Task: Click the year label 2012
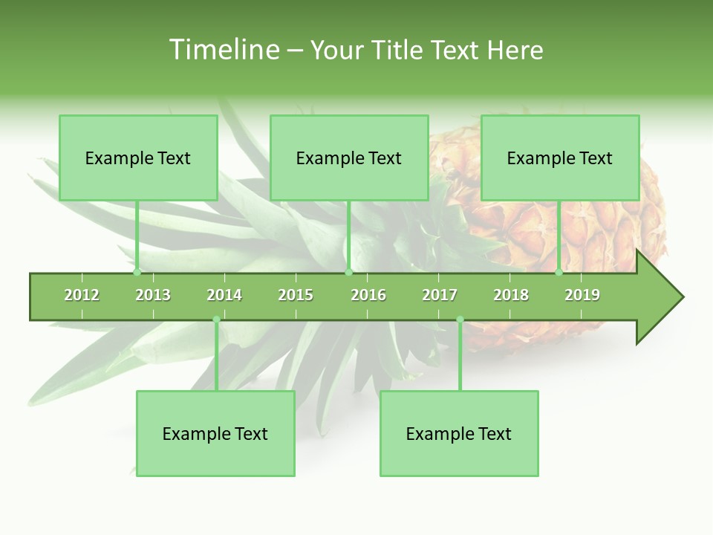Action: point(82,295)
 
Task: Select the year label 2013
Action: point(153,295)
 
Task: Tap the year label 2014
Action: point(224,295)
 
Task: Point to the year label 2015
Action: point(296,295)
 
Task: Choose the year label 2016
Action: point(368,295)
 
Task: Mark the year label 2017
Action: point(440,295)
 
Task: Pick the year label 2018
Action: point(511,295)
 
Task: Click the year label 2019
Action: point(582,295)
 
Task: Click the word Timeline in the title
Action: point(223,50)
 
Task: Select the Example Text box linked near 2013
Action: point(138,158)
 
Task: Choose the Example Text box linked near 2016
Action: point(349,158)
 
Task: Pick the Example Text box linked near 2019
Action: point(560,158)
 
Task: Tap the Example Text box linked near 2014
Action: point(215,433)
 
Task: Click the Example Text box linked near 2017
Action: point(459,433)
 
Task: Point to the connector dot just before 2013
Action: point(137,273)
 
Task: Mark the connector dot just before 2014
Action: point(216,320)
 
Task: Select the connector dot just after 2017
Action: point(460,320)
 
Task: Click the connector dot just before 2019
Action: point(559,273)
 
